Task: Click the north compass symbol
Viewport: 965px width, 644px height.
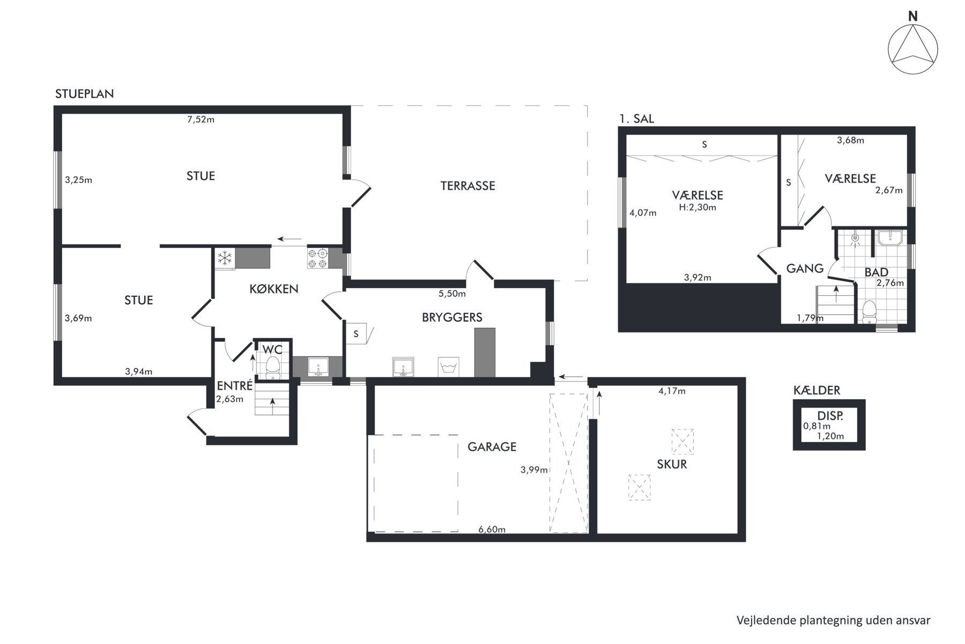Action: tap(912, 50)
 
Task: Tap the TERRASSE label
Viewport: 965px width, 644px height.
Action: tap(467, 186)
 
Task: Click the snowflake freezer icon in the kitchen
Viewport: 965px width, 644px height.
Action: tap(225, 259)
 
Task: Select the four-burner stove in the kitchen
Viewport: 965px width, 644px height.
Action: tap(317, 258)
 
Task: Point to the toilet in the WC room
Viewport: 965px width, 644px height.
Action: tap(273, 367)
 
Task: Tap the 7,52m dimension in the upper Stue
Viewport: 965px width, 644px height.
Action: tap(201, 120)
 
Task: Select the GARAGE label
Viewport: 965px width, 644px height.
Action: tap(492, 447)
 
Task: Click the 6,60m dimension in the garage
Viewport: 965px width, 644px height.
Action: tap(492, 530)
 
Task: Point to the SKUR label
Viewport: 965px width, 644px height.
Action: tap(672, 464)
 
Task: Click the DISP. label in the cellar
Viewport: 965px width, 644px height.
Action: tap(830, 415)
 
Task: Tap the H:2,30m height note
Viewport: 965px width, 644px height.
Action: tap(697, 208)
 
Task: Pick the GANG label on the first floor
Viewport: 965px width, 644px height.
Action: tap(805, 268)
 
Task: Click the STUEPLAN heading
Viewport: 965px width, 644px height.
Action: tap(85, 94)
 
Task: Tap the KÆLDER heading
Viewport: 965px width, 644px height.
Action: tap(817, 390)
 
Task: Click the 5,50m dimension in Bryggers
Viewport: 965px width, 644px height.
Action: tap(452, 294)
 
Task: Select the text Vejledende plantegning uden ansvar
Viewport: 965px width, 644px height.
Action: tap(833, 620)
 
